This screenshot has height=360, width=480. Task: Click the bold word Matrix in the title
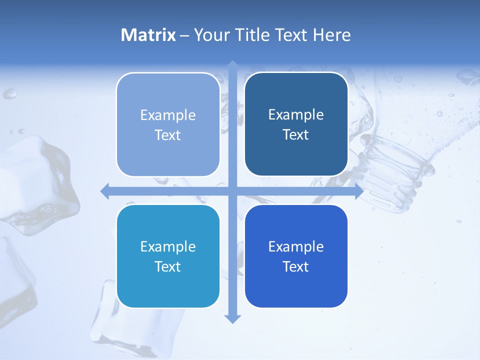[148, 35]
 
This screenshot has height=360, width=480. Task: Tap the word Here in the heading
[331, 35]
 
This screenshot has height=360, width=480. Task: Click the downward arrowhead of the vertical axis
[232, 318]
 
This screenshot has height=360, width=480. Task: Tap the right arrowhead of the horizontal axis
[359, 191]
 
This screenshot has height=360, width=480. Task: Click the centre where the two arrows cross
[232, 191]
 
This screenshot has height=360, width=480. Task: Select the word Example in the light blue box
[168, 115]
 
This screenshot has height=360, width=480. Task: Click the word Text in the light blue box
[168, 135]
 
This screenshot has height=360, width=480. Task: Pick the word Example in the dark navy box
[296, 114]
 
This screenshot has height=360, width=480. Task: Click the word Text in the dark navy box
[296, 134]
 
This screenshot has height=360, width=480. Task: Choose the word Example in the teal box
[168, 246]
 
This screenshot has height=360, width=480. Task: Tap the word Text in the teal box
[168, 266]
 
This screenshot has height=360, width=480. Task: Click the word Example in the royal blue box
[296, 246]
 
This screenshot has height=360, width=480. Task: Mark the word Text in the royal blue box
[296, 266]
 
